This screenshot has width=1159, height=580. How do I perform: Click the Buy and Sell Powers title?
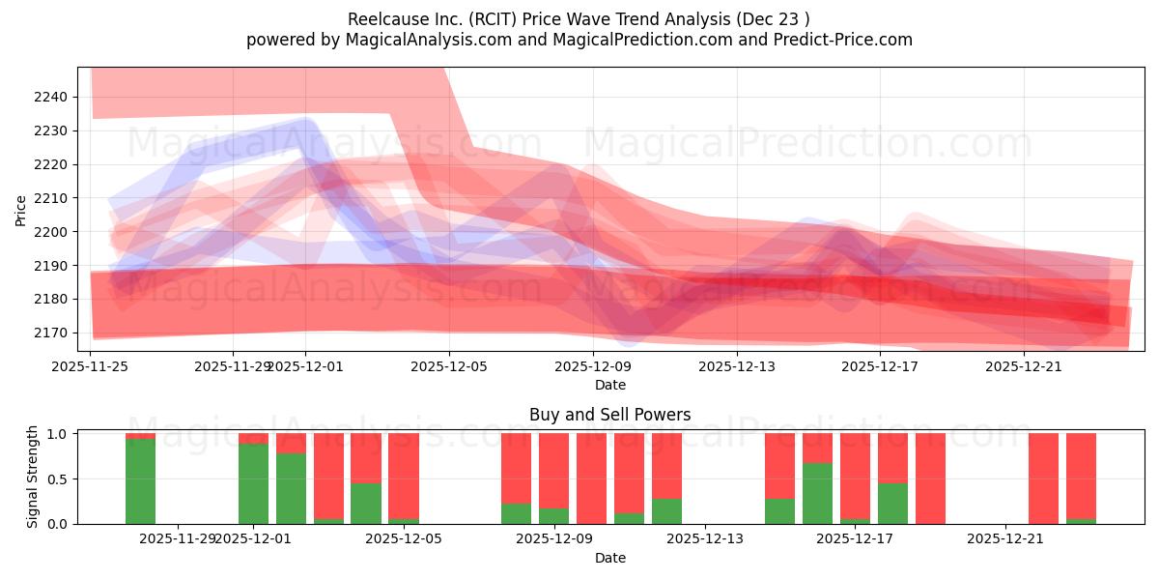[609, 415]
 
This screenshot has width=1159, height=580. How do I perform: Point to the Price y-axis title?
[20, 210]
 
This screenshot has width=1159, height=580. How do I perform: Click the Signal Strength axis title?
[33, 477]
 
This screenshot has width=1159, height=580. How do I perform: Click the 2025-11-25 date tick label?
[92, 366]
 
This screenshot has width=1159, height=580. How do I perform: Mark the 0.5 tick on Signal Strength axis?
[58, 478]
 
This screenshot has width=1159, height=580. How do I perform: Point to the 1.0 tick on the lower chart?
[58, 434]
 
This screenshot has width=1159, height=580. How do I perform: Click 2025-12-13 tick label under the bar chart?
[705, 538]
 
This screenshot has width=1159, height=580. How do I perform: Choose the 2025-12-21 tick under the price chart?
[1024, 366]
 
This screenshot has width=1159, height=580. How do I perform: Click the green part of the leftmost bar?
[140, 481]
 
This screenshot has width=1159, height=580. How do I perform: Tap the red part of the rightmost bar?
[1081, 474]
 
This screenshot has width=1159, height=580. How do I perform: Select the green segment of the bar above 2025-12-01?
[253, 483]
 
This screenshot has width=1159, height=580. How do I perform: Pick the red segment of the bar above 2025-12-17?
[855, 474]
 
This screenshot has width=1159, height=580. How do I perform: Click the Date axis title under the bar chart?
[609, 558]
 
